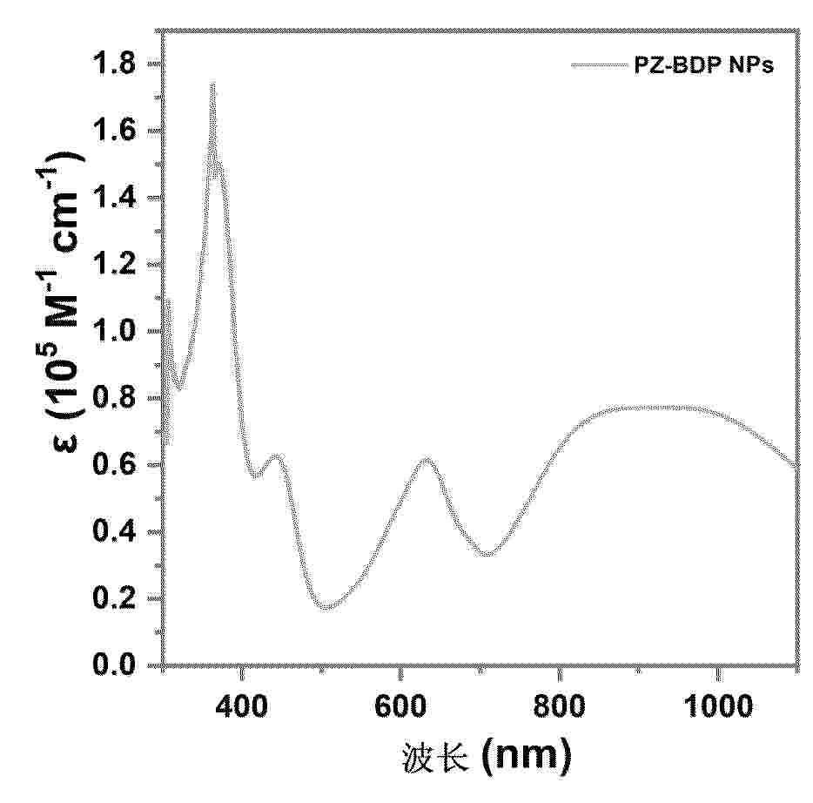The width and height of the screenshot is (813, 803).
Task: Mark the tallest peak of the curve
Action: coord(212,84)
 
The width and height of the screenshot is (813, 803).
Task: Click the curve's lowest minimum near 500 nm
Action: coord(326,608)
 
